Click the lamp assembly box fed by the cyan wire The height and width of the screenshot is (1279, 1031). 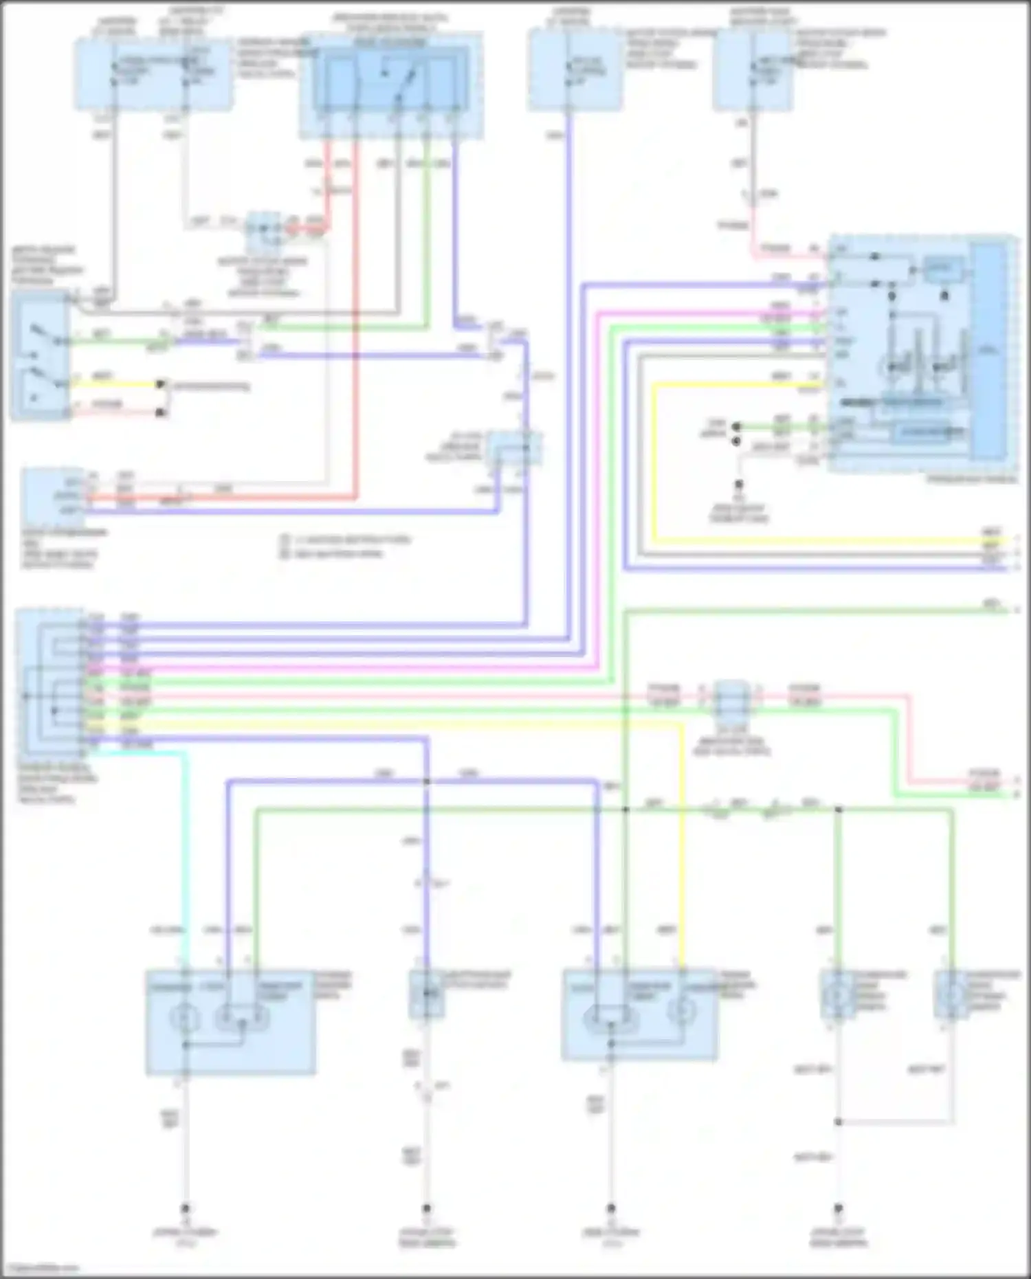(230, 1021)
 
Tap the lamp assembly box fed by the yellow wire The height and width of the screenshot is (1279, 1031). (639, 1014)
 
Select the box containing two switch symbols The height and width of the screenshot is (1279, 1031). (40, 355)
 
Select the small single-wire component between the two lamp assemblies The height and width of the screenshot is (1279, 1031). (426, 994)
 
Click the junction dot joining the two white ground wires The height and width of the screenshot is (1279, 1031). (838, 1122)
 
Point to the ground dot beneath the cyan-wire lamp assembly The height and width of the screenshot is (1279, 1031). (185, 1208)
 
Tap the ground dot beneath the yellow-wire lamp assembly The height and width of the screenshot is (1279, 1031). (610, 1208)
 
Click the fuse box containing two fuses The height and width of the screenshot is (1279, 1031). (153, 74)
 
